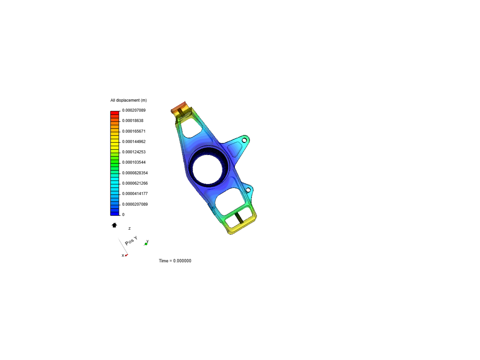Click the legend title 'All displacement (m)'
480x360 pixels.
[x=129, y=100]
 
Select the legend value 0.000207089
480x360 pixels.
[x=134, y=110]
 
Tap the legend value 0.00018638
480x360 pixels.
[x=133, y=121]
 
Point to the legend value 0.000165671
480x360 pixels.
[x=134, y=131]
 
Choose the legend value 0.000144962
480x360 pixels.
[x=134, y=142]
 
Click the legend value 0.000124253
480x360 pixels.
[x=134, y=152]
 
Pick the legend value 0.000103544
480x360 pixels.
[x=134, y=162]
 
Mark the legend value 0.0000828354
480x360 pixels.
[x=135, y=173]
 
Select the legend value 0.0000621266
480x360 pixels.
[x=135, y=183]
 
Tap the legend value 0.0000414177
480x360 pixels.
[x=135, y=194]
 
